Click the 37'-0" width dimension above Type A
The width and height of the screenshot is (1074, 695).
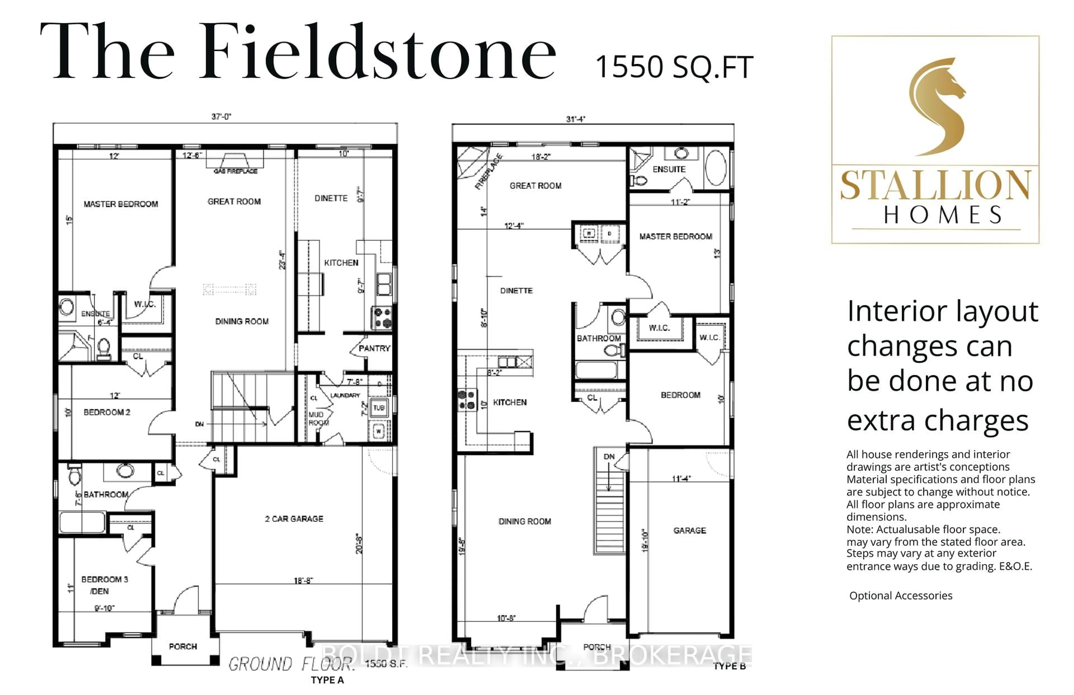point(221,116)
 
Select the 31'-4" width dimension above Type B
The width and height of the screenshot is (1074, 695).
point(576,119)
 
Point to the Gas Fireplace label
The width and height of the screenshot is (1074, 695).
point(235,171)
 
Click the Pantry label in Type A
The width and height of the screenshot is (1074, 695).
point(374,348)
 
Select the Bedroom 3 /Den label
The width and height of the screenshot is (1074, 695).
point(104,585)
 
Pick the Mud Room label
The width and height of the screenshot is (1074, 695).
point(318,418)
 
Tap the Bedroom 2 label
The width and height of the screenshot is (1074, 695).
point(107,412)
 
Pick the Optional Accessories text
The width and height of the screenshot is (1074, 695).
point(900,596)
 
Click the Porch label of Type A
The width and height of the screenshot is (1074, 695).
point(183,647)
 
